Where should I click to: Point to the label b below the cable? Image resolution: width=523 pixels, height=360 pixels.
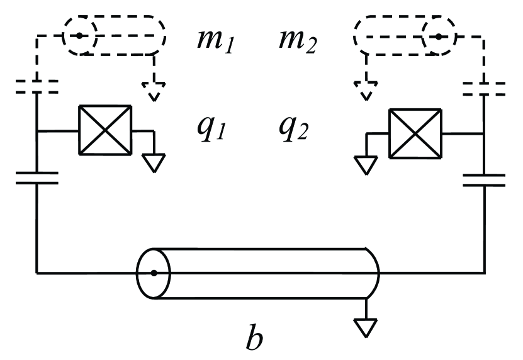point(254,337)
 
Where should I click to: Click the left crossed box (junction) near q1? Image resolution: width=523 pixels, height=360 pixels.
point(104,130)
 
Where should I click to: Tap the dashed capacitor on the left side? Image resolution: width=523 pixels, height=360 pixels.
point(37,86)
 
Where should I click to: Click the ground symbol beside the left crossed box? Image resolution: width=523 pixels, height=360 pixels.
point(152,162)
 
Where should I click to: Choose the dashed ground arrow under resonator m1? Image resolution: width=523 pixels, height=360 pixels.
point(153,92)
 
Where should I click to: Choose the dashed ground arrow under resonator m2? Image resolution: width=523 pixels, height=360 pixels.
point(366,92)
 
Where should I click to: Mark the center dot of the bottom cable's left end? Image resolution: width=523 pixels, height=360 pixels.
point(154,273)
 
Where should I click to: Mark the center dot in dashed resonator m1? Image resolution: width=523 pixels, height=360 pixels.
point(79,36)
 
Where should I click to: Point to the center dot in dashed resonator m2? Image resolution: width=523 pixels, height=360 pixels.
point(437,37)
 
